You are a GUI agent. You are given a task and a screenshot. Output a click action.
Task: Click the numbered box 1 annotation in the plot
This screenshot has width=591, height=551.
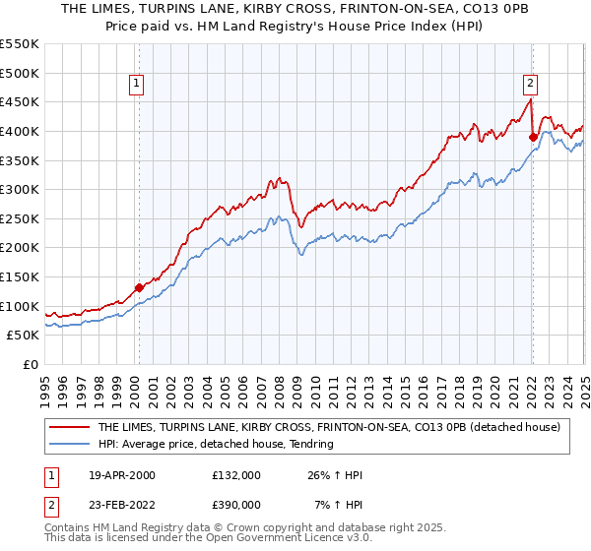click(x=136, y=84)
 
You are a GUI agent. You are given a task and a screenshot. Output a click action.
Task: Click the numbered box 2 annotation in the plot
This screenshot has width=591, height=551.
click(x=530, y=84)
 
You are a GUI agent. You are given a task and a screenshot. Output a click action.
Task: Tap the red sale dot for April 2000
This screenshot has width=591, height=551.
click(x=139, y=287)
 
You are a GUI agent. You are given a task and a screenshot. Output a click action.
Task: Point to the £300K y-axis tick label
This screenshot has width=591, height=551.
click(x=20, y=189)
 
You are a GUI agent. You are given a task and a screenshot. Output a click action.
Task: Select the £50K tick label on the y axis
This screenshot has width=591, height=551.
click(x=24, y=336)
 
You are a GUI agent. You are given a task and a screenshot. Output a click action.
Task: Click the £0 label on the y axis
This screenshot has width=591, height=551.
click(x=30, y=364)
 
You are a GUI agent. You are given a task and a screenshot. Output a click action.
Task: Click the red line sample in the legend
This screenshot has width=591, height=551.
click(x=69, y=428)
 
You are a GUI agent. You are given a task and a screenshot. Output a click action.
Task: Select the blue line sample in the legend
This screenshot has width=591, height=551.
click(x=69, y=445)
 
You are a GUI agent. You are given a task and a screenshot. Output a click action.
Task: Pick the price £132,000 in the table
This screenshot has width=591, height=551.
click(x=236, y=475)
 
